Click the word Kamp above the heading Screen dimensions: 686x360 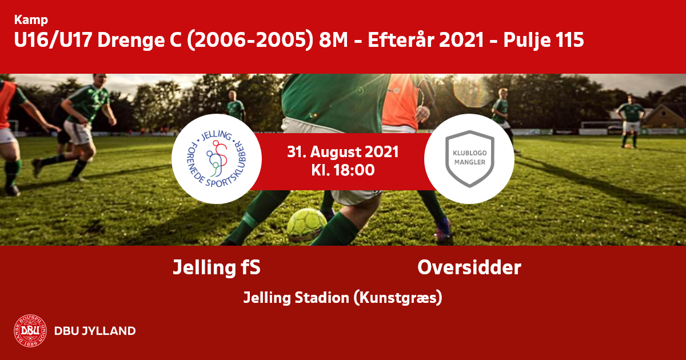31,20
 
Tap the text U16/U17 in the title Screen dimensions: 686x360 53,40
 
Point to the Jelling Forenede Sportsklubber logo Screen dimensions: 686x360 217,159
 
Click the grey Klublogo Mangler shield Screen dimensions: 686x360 469,159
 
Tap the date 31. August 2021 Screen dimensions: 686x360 342,152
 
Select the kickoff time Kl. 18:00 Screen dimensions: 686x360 342,170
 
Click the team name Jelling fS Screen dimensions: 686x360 217,267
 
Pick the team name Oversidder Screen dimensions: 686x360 469,267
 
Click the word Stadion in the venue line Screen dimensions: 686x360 322,298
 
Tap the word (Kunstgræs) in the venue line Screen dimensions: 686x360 398,298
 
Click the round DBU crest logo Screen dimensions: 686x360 30,331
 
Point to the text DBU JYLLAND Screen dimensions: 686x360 95,331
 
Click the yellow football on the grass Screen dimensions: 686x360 306,224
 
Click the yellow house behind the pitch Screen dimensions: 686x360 664,117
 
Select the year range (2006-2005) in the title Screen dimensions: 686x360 250,40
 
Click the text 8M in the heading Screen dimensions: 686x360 333,40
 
